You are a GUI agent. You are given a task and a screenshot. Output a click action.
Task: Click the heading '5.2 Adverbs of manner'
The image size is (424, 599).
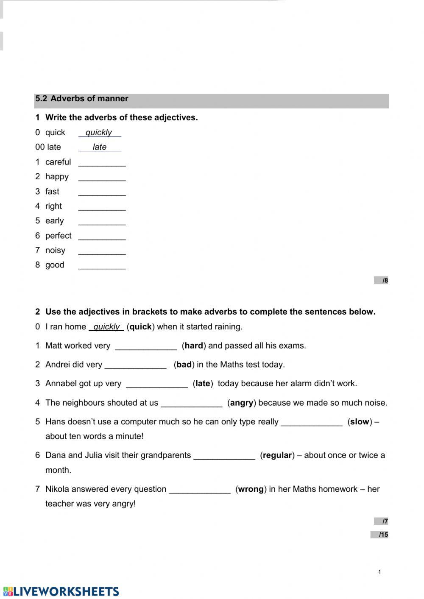pos(81,99)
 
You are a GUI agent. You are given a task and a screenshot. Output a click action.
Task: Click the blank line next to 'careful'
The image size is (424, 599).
pos(102,163)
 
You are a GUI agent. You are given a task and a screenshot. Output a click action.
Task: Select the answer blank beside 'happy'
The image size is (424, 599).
pos(102,178)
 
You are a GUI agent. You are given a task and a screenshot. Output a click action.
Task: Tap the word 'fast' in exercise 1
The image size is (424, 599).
pos(52,192)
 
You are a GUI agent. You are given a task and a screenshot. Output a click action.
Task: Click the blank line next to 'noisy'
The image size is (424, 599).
pos(102,251)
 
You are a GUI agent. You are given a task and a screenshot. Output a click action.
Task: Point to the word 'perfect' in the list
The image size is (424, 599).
pos(58,236)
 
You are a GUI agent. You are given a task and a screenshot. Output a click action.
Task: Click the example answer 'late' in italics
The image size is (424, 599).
pos(100,147)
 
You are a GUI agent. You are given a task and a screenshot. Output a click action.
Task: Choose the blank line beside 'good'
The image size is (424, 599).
pos(102,266)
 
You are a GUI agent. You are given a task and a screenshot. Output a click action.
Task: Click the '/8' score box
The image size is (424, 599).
pos(381,280)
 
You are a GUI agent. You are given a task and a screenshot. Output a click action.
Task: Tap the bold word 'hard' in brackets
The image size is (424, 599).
pos(194,346)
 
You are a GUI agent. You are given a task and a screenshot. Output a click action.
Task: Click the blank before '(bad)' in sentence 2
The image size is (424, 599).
pos(135,365)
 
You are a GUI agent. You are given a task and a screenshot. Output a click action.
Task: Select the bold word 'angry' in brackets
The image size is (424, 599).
pos(242,403)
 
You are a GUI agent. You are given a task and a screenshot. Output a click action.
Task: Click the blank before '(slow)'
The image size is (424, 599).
pos(312,423)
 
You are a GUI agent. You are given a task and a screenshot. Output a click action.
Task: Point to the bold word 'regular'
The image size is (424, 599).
pos(277,456)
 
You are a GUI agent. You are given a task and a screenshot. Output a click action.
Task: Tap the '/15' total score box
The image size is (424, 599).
pos(379,535)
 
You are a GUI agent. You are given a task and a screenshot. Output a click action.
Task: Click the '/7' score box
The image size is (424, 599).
pos(381,521)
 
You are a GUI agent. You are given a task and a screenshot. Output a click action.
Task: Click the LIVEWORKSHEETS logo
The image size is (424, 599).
pos(61,591)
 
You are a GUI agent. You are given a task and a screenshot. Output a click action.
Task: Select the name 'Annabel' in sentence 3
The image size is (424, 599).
pos(60,384)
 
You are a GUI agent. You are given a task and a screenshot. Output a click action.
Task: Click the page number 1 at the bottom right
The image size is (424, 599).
pos(379,572)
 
